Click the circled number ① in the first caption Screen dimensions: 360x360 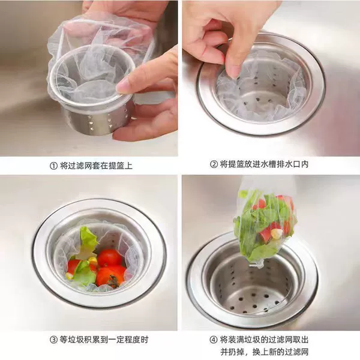tap(53, 166)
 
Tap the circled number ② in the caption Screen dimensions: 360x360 tap(214, 164)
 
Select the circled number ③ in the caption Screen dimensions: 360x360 tap(53, 340)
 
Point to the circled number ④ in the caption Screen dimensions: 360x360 tap(214, 340)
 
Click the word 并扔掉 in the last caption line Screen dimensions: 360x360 tap(232, 352)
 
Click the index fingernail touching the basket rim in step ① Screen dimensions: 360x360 tap(122, 88)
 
